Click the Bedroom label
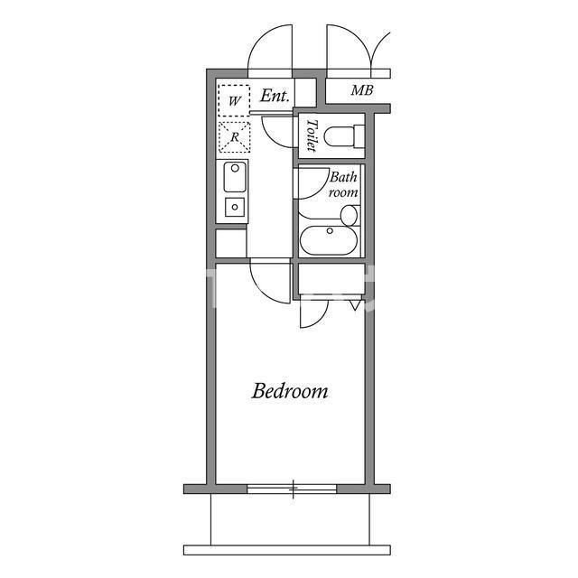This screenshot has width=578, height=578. point(290,391)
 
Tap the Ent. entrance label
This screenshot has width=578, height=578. point(275,96)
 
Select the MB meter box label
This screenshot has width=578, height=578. point(362,90)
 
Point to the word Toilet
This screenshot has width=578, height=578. point(312,135)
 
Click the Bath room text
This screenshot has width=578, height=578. point(343,184)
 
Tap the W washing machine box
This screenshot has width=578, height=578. point(234,100)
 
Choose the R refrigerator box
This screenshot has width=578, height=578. point(235,137)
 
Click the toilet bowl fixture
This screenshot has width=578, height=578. point(344,136)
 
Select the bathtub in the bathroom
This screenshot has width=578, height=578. point(329,239)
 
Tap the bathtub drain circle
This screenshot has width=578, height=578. point(330,231)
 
